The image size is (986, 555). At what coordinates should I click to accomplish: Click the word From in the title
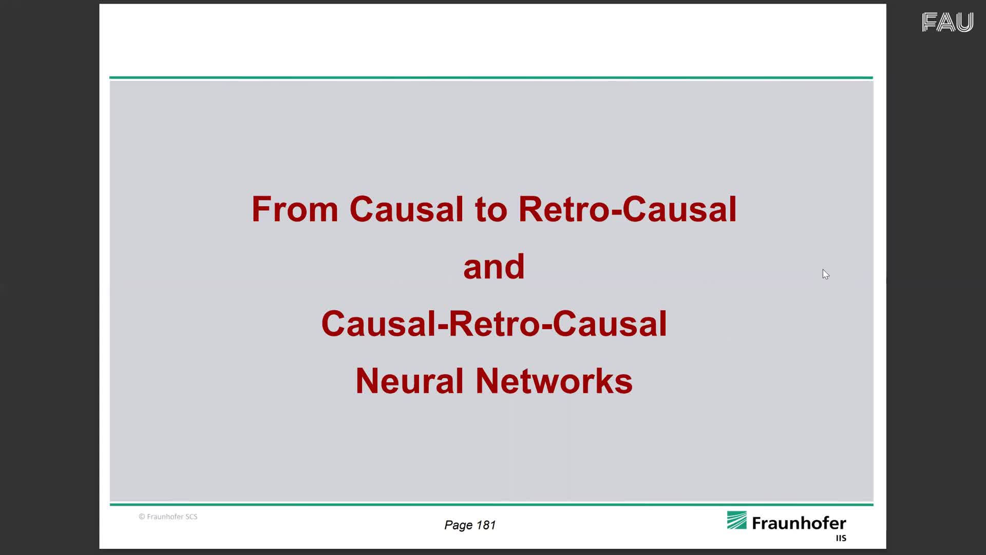(x=295, y=209)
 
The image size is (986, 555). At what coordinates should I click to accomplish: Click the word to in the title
(x=491, y=210)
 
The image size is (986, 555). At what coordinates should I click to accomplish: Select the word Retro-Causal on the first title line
(x=628, y=209)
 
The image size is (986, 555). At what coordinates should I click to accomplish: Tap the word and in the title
(x=494, y=267)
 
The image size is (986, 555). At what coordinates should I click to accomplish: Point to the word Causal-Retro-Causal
(x=494, y=324)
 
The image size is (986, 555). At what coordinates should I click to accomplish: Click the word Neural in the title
(x=409, y=381)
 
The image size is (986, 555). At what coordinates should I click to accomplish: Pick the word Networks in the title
(x=554, y=381)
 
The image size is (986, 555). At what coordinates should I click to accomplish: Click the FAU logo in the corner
(x=947, y=22)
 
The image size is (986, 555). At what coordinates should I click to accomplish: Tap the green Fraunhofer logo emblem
(x=736, y=520)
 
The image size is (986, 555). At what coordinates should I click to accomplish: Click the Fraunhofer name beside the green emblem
(x=799, y=523)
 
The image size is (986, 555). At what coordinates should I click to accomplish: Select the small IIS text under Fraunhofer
(x=841, y=538)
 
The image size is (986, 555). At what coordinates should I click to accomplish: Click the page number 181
(x=486, y=525)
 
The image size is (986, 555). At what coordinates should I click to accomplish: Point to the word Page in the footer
(x=459, y=525)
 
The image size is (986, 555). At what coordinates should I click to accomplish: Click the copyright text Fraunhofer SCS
(x=172, y=516)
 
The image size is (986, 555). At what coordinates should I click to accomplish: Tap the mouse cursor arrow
(x=825, y=274)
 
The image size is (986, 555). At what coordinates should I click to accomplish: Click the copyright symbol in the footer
(x=142, y=516)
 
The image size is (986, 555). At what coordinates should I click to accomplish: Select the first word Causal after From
(x=407, y=209)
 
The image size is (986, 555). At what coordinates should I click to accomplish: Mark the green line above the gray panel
(x=491, y=78)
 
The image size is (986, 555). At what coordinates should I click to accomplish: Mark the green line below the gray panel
(x=491, y=505)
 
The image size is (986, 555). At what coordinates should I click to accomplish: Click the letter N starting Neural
(x=367, y=381)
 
